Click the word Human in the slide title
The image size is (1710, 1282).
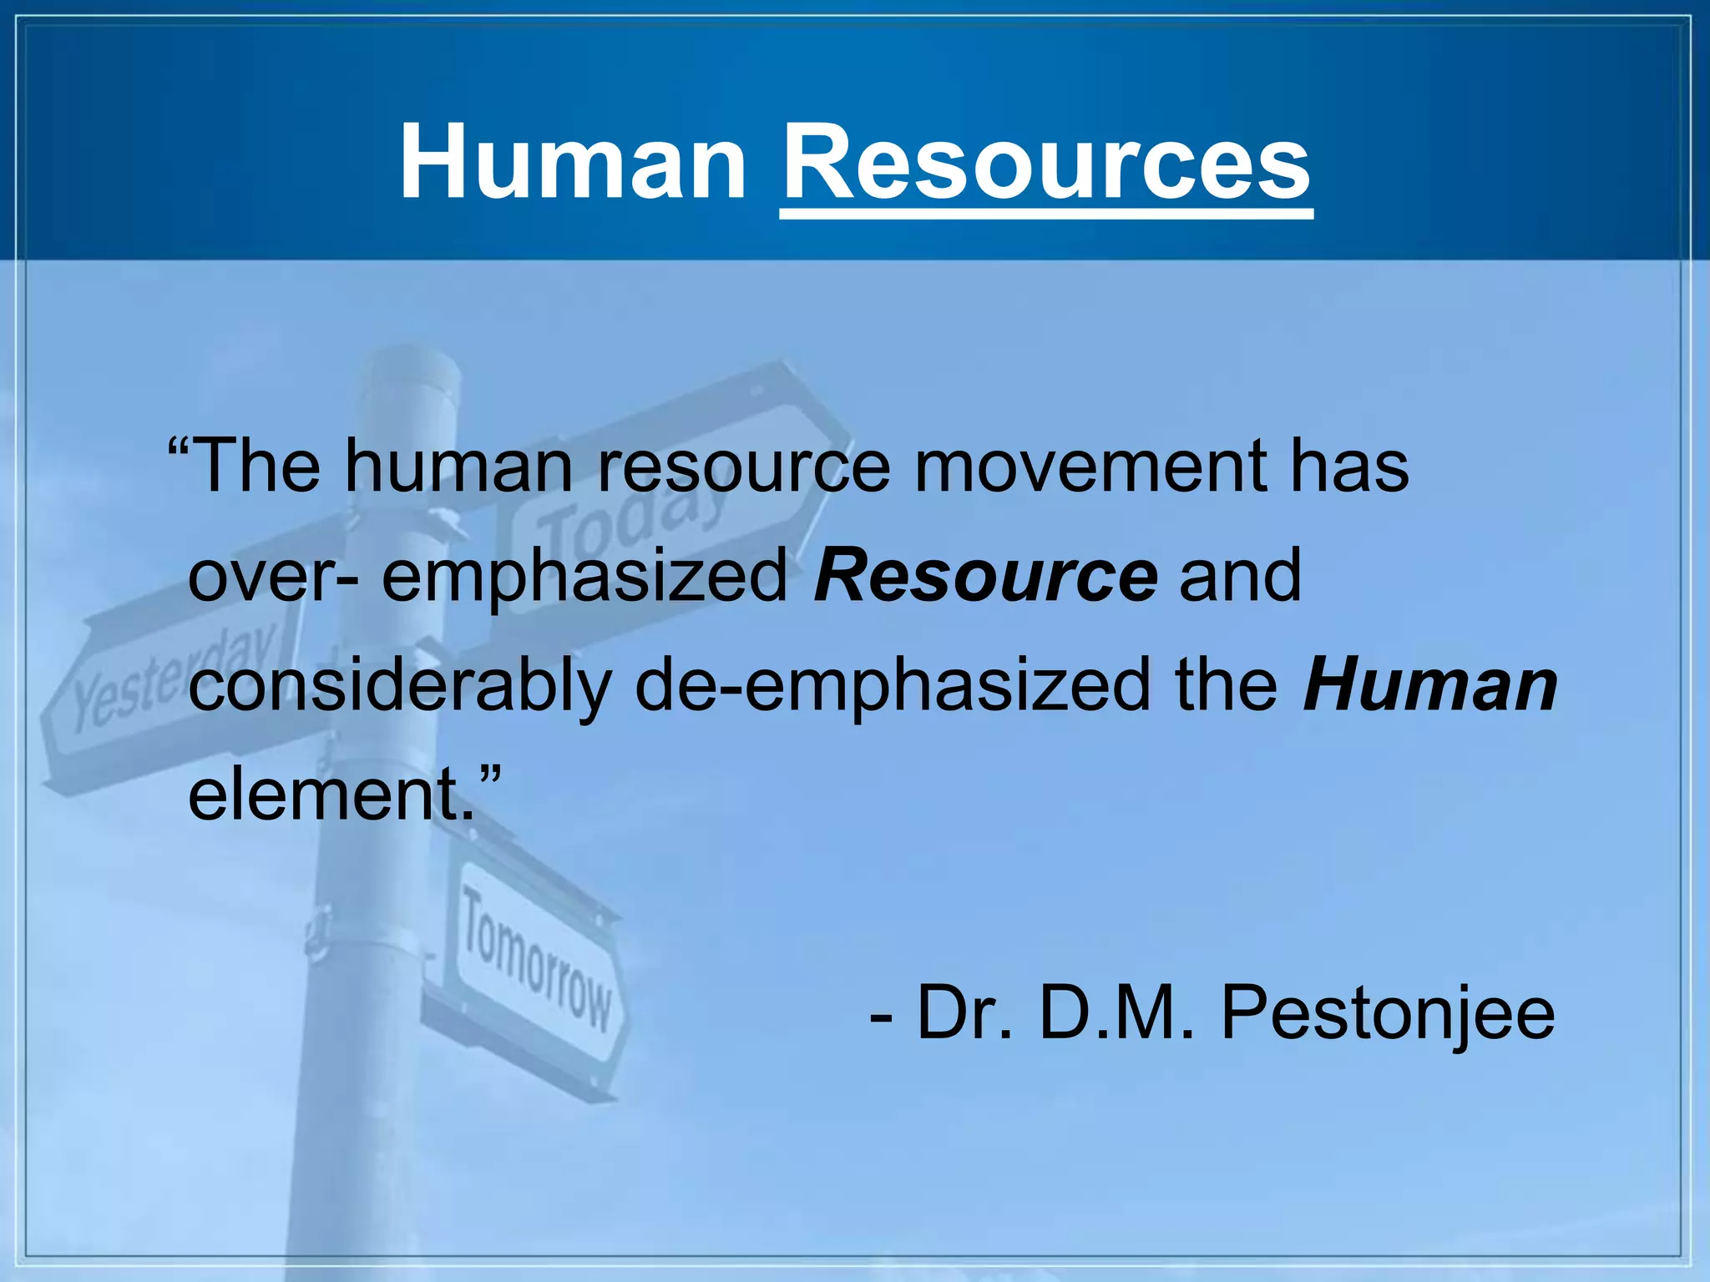[573, 162]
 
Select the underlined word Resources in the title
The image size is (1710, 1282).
[1046, 162]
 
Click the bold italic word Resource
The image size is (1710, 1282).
[986, 575]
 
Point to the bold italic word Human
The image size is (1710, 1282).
[1429, 685]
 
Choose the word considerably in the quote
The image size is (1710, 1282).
[400, 687]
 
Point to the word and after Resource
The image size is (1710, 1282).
[1240, 576]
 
